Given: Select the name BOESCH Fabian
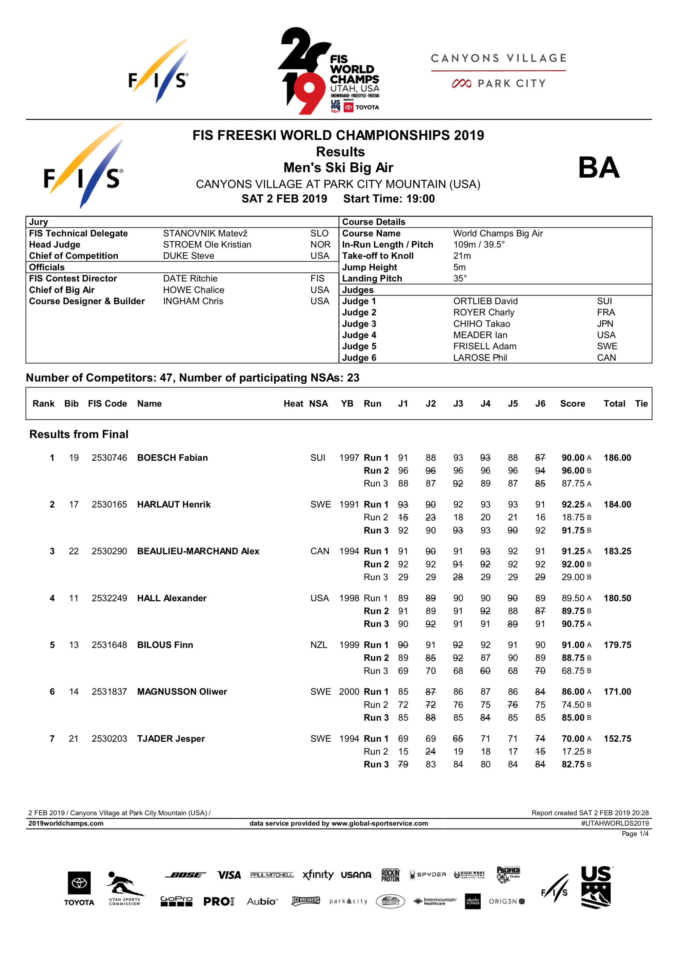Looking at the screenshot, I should pyautogui.click(x=172, y=458).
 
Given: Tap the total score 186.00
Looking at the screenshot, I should pyautogui.click(x=617, y=458).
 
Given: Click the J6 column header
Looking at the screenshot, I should pyautogui.click(x=540, y=403).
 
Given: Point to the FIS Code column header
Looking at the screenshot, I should pyautogui.click(x=107, y=403).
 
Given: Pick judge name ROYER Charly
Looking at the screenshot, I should pyautogui.click(x=483, y=313).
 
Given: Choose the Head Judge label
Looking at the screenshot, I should pyautogui.click(x=54, y=245).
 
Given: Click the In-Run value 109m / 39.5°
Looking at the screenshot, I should pyautogui.click(x=479, y=245).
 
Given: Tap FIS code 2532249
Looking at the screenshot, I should pyautogui.click(x=109, y=598).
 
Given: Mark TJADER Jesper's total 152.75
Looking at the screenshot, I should pyautogui.click(x=617, y=738).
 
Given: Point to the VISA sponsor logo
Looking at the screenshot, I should pyautogui.click(x=229, y=875).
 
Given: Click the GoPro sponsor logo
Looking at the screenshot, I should pyautogui.click(x=176, y=901).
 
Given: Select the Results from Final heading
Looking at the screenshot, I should pyautogui.click(x=79, y=434).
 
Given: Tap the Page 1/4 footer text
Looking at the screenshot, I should pyautogui.click(x=635, y=834).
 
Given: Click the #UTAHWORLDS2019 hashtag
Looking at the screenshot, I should pyautogui.click(x=615, y=823).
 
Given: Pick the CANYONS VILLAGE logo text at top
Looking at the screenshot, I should pyautogui.click(x=498, y=58).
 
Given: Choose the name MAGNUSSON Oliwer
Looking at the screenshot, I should pyautogui.click(x=182, y=692).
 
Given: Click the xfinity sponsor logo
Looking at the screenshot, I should pyautogui.click(x=318, y=875).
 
